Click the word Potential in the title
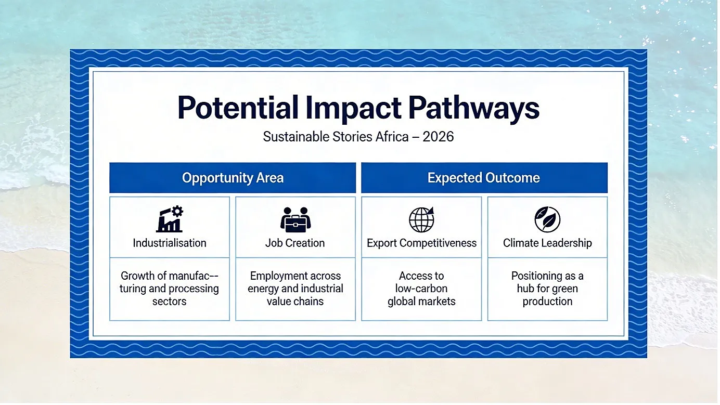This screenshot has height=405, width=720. pyautogui.click(x=238, y=108)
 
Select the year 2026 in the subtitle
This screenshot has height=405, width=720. pyautogui.click(x=438, y=137)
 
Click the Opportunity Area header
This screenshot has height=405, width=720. pyautogui.click(x=233, y=178)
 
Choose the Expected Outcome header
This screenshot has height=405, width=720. pyautogui.click(x=484, y=178)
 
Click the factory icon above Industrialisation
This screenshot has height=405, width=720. pyautogui.click(x=170, y=219)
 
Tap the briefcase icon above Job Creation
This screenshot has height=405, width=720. pyautogui.click(x=295, y=220)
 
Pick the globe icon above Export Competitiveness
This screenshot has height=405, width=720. pyautogui.click(x=421, y=220)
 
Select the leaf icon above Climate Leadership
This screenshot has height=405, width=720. pyautogui.click(x=547, y=219)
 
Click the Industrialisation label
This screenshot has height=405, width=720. pyautogui.click(x=170, y=243)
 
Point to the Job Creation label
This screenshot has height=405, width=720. pyautogui.click(x=295, y=243)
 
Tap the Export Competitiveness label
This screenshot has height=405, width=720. pyautogui.click(x=421, y=243)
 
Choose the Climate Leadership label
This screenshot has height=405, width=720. pyautogui.click(x=547, y=243)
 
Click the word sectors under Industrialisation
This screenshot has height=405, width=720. pyautogui.click(x=170, y=302)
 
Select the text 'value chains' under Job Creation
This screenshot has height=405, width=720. pyautogui.click(x=295, y=302)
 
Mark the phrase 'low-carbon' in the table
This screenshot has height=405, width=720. pyautogui.click(x=421, y=289)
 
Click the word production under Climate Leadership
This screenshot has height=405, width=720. pyautogui.click(x=547, y=302)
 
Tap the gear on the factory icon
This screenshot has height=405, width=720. pyautogui.click(x=177, y=211)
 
